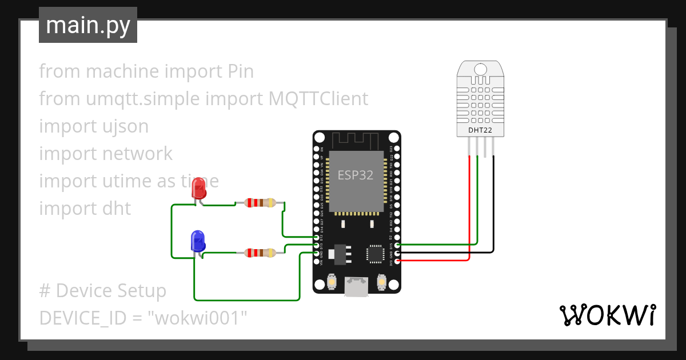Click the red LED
199,187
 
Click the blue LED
198,241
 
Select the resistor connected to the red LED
260,202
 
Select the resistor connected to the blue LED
260,253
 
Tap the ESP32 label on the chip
356,175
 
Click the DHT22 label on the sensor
480,130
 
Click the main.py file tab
88,25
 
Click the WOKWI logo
607,315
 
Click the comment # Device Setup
103,290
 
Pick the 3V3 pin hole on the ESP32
397,261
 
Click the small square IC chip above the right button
375,254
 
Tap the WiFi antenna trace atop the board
356,141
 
